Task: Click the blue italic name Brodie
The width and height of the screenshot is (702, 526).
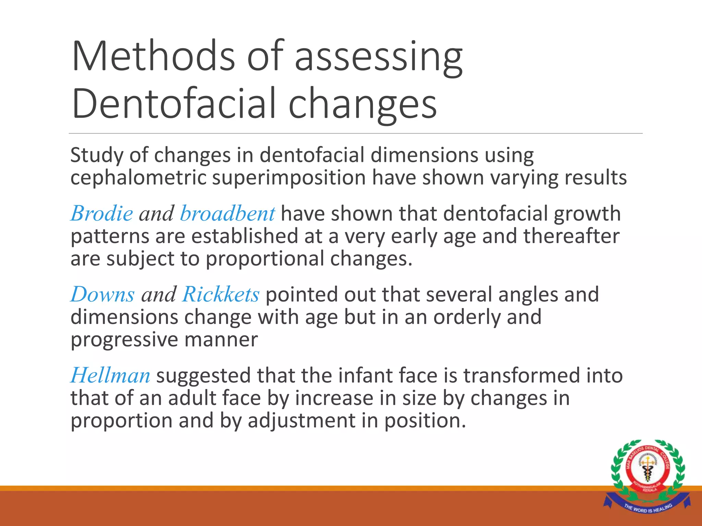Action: (102, 214)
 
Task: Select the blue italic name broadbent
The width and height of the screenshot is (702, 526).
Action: (227, 214)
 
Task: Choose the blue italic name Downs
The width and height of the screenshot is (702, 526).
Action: (102, 295)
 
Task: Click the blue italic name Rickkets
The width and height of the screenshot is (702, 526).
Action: (221, 295)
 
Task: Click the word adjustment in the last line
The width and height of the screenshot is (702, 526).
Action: (302, 421)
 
